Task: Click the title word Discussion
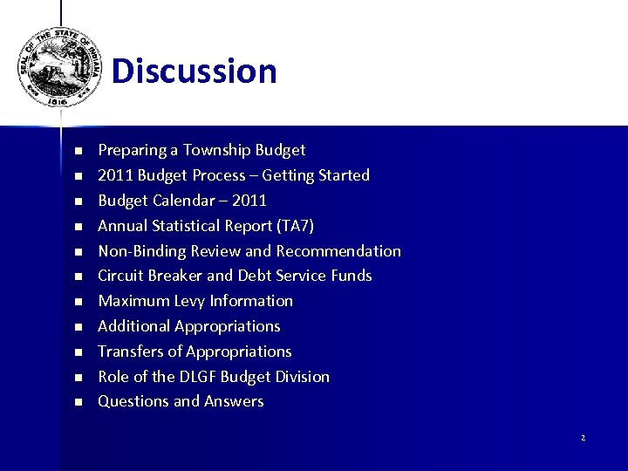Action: point(194,71)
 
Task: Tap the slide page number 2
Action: point(583,438)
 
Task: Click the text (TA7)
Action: point(294,226)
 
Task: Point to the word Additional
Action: point(134,326)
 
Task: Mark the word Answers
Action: point(234,401)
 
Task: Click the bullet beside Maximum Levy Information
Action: point(77,302)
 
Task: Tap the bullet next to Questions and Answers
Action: point(77,402)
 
